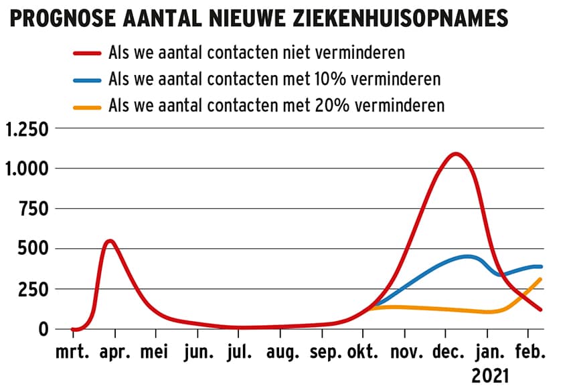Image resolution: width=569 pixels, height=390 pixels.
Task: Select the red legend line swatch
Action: (86, 54)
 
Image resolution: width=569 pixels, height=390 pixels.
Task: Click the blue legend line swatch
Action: (86, 80)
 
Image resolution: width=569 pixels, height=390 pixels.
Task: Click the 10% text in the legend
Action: (347, 80)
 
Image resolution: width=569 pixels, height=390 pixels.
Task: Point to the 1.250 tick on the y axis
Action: (27, 129)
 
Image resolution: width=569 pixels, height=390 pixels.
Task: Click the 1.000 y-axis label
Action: (27, 169)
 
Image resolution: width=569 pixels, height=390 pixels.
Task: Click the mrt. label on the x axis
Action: (73, 352)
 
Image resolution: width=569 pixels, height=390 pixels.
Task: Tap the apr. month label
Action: (115, 352)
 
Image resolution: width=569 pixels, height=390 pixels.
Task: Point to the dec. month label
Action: (446, 352)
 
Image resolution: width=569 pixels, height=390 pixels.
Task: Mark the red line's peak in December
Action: (456, 154)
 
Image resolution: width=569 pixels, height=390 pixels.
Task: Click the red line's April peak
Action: (110, 241)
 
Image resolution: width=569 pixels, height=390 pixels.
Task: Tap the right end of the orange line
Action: (540, 279)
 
